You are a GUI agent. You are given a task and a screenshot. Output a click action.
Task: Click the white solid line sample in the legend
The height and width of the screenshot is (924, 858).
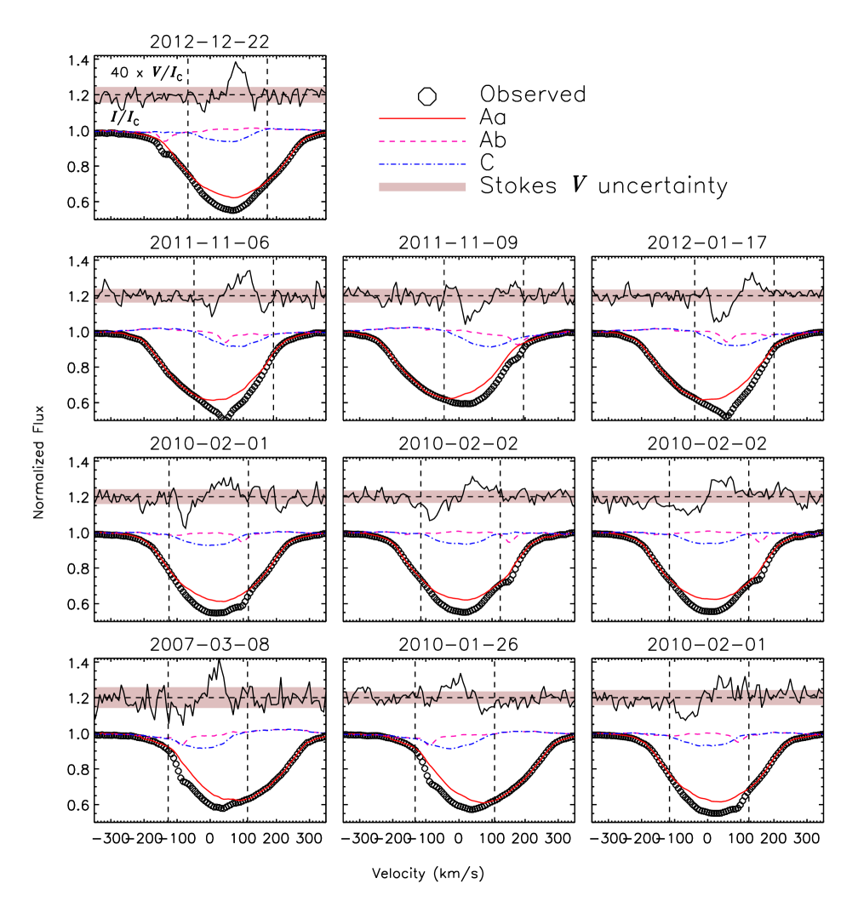pyautogui.click(x=422, y=95)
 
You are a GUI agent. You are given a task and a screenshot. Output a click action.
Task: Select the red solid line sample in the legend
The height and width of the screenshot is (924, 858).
pyautogui.click(x=422, y=118)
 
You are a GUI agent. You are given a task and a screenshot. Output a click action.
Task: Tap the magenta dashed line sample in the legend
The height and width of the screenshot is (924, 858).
pyautogui.click(x=422, y=141)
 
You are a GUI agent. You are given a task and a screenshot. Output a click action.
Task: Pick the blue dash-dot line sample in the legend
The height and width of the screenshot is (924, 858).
pyautogui.click(x=422, y=164)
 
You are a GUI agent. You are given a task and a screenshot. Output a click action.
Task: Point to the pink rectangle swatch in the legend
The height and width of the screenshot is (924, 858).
pyautogui.click(x=422, y=187)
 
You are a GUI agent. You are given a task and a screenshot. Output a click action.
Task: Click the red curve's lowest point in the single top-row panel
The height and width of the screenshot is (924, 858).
pyautogui.click(x=235, y=197)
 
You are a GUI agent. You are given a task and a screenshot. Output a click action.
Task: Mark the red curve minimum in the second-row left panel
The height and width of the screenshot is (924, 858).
pyautogui.click(x=217, y=400)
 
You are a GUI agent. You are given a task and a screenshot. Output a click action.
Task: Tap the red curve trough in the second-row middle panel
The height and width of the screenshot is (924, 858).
pyautogui.click(x=449, y=398)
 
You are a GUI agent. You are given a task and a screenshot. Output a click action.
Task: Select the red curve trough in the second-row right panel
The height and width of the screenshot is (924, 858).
pyautogui.click(x=709, y=400)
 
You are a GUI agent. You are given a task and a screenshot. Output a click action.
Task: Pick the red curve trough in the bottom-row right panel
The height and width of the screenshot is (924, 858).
pyautogui.click(x=718, y=801)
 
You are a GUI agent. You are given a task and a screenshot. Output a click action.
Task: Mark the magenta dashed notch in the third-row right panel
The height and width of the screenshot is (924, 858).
pyautogui.click(x=758, y=540)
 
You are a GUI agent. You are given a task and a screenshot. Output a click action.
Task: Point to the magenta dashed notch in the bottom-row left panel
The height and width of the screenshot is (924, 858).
pyautogui.click(x=184, y=743)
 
